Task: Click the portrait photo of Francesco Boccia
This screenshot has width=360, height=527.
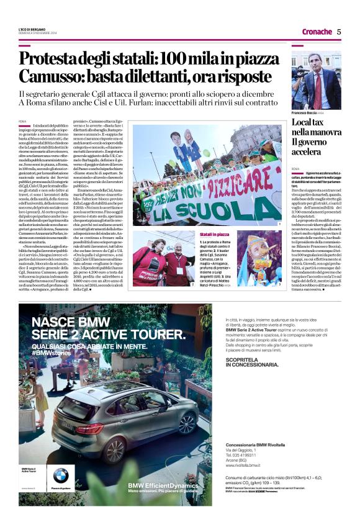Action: pyautogui.click(x=316, y=80)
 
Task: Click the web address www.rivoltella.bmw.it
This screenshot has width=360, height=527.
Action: pyautogui.click(x=245, y=482)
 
